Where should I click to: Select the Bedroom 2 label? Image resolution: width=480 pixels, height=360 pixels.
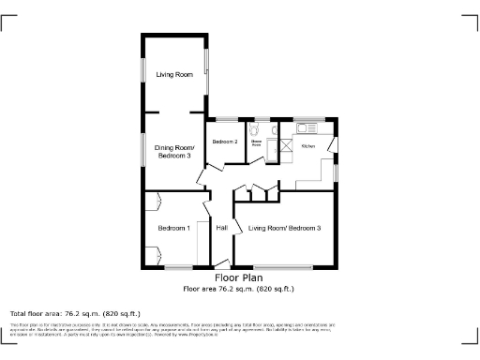(224, 142)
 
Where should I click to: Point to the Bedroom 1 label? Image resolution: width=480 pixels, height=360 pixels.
(173, 228)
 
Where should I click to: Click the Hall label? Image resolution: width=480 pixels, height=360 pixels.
(222, 228)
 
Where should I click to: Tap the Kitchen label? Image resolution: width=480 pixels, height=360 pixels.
(307, 146)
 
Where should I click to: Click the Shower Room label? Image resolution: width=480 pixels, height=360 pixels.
(255, 142)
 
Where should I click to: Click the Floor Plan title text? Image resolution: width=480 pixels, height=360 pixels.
(238, 277)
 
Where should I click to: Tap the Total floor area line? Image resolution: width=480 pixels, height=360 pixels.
(74, 312)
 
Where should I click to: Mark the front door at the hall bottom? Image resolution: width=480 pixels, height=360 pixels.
(222, 263)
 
